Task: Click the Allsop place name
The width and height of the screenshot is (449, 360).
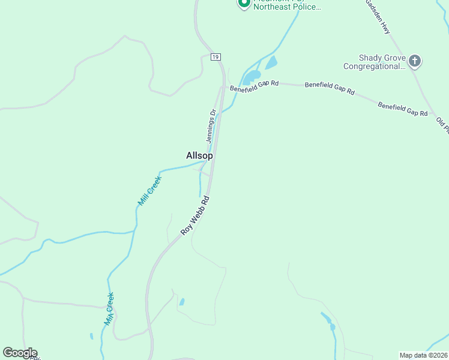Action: [x=199, y=155]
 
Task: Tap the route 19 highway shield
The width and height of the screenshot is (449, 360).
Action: [x=216, y=57]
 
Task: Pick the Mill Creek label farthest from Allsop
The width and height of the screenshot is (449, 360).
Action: [x=109, y=308]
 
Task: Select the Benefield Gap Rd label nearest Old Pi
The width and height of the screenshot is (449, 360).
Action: [x=402, y=109]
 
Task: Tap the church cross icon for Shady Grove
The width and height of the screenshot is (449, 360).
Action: [x=415, y=61]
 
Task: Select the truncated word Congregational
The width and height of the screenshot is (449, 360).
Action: [x=374, y=67]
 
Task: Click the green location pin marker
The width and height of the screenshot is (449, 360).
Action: [x=244, y=4]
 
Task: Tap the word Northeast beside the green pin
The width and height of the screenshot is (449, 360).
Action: [x=275, y=8]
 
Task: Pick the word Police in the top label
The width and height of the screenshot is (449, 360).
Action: [x=310, y=8]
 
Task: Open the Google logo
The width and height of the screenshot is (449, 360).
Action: [x=20, y=353]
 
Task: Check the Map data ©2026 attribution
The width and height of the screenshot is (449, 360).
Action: [x=423, y=355]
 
